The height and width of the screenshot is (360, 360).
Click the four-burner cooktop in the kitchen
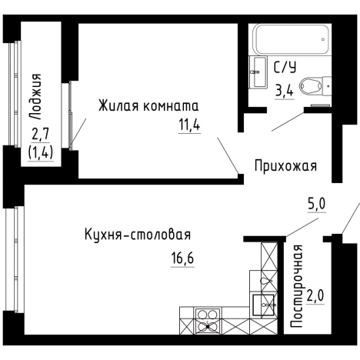208,319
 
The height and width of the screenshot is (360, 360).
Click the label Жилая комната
148,105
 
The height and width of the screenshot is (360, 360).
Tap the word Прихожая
285,165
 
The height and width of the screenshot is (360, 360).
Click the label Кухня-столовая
137,235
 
